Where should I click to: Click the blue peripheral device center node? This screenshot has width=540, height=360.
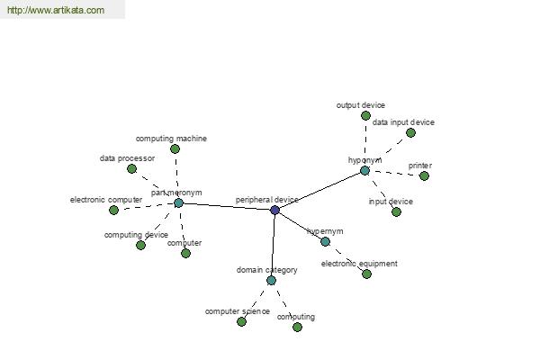point(274,210)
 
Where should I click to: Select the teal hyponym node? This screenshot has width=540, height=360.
point(364,170)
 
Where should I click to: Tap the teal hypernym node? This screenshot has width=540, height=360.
point(325,241)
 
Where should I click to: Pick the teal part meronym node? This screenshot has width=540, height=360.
point(178,202)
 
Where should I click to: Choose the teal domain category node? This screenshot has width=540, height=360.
point(272,281)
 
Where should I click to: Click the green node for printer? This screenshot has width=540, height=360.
point(424,176)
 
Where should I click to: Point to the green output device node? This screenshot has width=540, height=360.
point(365,115)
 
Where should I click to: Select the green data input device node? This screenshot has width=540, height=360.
point(410,132)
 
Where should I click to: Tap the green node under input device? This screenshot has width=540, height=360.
point(396,211)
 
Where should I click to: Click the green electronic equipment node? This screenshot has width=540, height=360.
point(367,274)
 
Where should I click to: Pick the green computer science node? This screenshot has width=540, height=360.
point(242,322)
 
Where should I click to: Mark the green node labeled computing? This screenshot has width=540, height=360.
point(297,327)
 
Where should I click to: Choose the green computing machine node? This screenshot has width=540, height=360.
point(175,148)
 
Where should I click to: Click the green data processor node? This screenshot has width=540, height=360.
point(131,169)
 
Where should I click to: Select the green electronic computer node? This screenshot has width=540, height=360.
point(113,210)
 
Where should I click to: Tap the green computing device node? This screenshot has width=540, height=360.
point(140,246)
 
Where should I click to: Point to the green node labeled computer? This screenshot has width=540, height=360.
point(185,253)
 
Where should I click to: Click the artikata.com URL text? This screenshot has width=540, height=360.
point(56,10)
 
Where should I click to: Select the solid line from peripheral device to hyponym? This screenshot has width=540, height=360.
point(319,190)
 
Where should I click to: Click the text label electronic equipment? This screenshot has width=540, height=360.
point(359,264)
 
